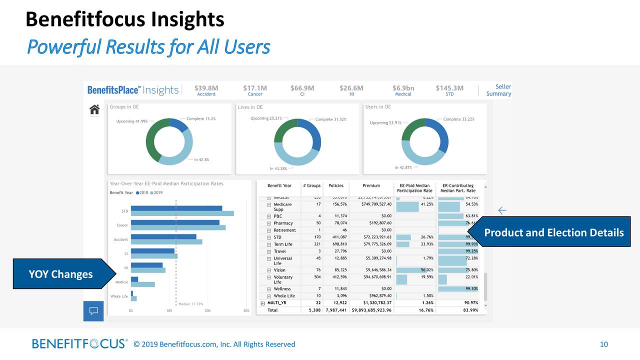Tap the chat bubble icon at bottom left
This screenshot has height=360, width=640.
(x=93, y=311)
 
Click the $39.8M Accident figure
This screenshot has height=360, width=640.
(x=206, y=90)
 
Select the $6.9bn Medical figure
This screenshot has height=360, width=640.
(x=403, y=90)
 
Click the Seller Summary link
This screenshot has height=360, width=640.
(x=498, y=90)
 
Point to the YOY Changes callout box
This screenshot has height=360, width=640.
(x=60, y=274)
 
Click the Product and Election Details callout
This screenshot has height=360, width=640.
(x=554, y=232)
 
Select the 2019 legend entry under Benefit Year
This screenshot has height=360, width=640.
(x=157, y=193)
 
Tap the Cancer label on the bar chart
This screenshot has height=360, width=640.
(x=122, y=225)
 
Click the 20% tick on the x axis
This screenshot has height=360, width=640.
(x=207, y=310)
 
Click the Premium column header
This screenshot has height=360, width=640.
(x=371, y=185)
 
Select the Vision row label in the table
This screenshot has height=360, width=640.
(x=279, y=270)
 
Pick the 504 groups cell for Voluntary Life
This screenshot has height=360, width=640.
(x=314, y=277)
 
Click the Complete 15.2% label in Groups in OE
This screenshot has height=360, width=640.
(x=201, y=119)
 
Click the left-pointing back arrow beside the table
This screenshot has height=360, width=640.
(x=502, y=210)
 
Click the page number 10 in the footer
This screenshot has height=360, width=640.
(x=603, y=344)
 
